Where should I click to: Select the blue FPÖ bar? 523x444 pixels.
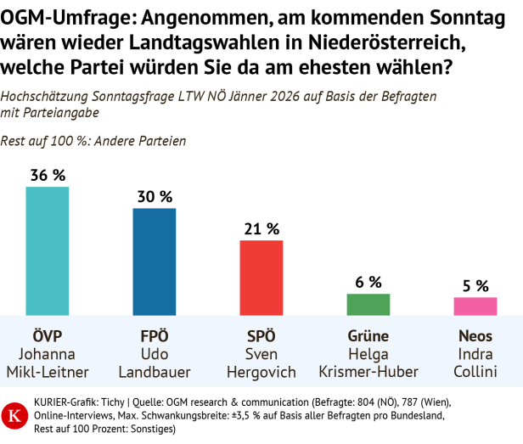click(x=155, y=261)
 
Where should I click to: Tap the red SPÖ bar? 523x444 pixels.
click(x=261, y=278)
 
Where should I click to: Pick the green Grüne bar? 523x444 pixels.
click(x=368, y=305)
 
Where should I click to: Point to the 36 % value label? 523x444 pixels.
click(x=48, y=175)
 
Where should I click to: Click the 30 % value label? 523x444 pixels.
click(x=155, y=196)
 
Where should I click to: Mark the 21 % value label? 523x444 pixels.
click(x=261, y=228)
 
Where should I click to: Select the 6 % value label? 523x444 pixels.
click(x=368, y=282)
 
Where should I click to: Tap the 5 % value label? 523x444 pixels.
click(x=475, y=285)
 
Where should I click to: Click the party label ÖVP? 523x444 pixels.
click(x=48, y=335)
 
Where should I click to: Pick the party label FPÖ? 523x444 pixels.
click(x=155, y=335)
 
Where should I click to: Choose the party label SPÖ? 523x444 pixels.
click(x=261, y=335)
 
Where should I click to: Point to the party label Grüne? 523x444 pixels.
click(x=368, y=335)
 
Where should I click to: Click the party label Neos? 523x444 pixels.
click(x=475, y=335)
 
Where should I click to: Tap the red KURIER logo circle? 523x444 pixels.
click(x=14, y=416)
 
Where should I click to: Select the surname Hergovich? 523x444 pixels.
click(x=261, y=372)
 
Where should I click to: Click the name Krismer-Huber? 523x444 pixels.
click(x=368, y=372)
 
